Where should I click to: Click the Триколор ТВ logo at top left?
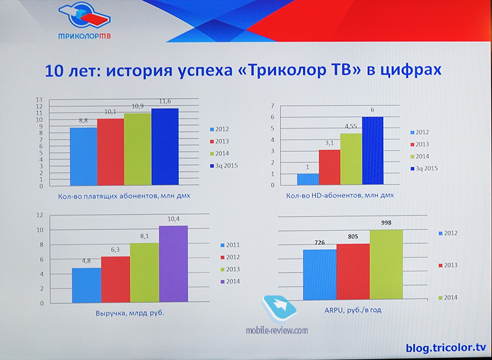pos(84,21)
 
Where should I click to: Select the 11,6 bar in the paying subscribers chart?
pos(165,146)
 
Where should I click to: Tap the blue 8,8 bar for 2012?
pos(84,156)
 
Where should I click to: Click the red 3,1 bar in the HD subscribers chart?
pos(330,167)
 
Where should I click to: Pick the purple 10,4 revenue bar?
pos(173,264)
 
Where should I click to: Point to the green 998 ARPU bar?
pos(386,264)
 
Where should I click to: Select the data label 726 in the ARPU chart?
pos(319,242)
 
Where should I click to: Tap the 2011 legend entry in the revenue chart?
pos(230,245)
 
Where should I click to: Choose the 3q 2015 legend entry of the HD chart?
pos(424,169)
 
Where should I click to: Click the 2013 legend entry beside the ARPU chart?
pos(448,265)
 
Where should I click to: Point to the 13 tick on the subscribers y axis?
pos(39,100)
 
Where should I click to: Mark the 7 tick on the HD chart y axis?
pos(272,105)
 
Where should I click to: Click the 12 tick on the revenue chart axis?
pos(39,215)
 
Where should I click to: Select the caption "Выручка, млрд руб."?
pos(130,313)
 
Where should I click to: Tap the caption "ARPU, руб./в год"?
pos(353,310)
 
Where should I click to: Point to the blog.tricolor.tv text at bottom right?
pos(445,348)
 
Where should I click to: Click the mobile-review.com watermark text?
pos(277,330)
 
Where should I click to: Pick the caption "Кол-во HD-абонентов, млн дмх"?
pos(340,195)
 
